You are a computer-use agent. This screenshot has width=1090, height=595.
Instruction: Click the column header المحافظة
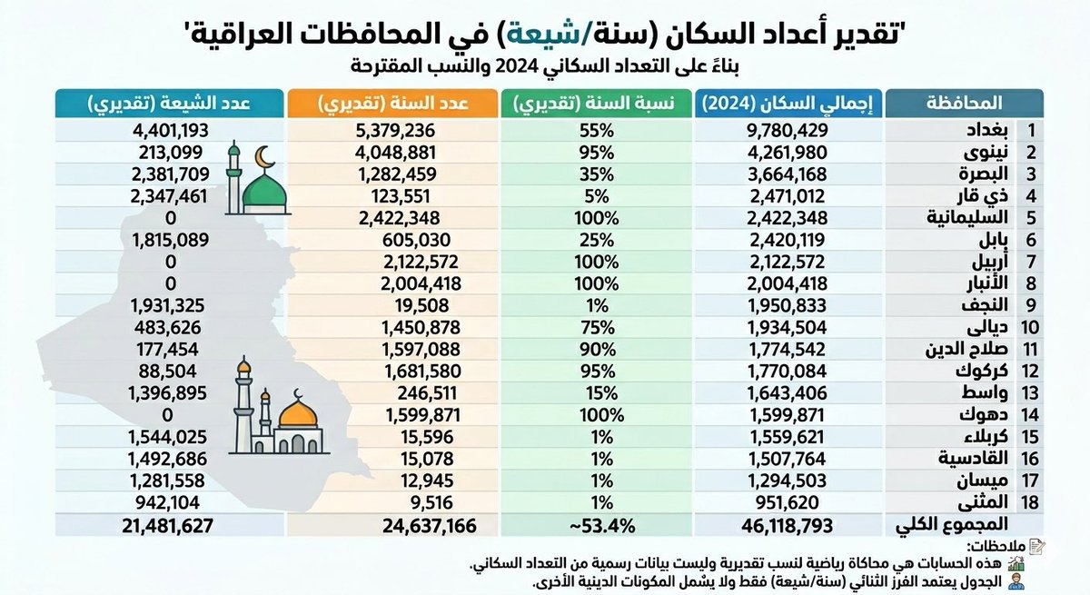(x=966, y=102)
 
